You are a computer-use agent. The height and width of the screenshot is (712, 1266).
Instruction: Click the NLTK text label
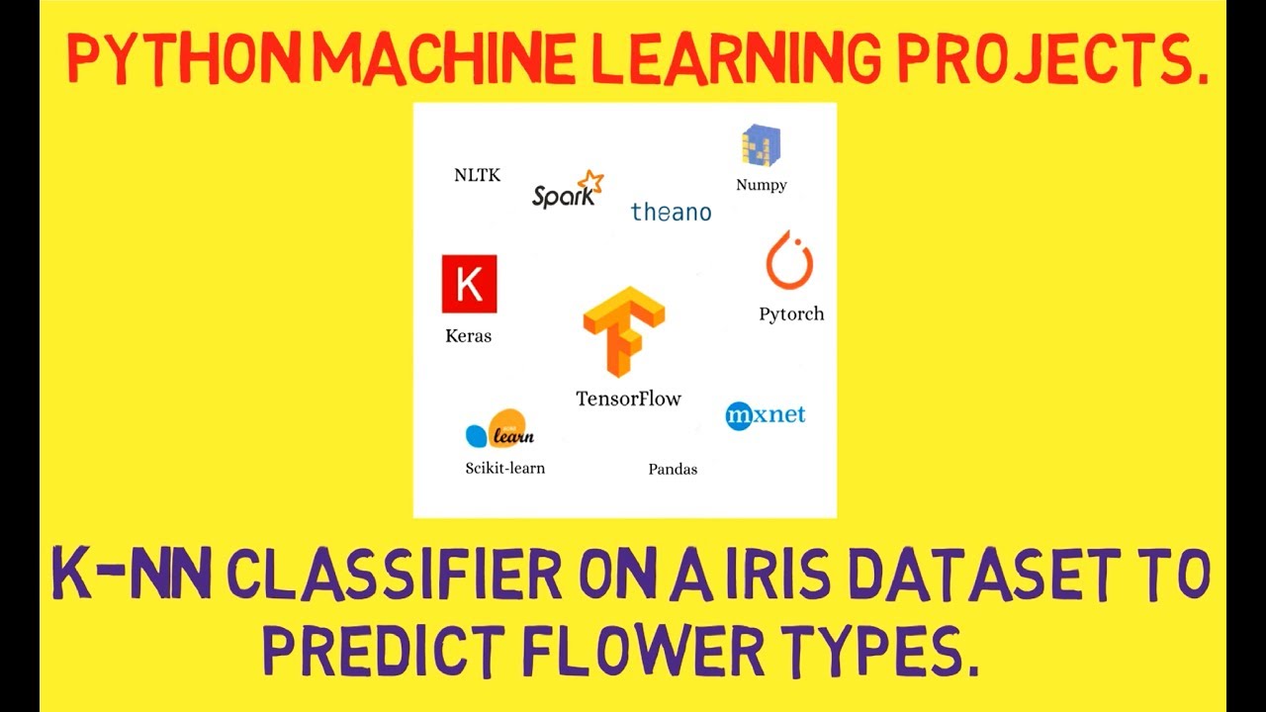[477, 175]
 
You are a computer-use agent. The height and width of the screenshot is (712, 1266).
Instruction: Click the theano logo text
[671, 212]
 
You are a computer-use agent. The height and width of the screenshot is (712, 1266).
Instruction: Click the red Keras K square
[469, 284]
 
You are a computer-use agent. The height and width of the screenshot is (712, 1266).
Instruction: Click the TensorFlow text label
[629, 400]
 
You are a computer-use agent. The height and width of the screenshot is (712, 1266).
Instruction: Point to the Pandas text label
[673, 469]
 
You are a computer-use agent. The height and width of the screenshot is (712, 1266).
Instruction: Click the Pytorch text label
[791, 314]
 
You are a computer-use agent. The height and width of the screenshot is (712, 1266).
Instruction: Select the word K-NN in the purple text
[132, 577]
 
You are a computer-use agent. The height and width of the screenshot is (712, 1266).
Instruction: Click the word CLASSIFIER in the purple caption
[405, 577]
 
